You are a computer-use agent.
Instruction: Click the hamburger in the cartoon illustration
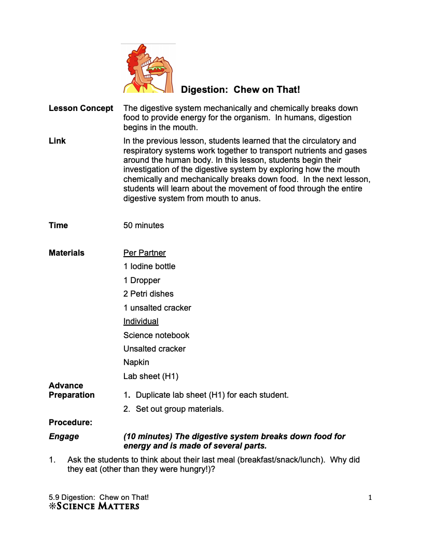156,67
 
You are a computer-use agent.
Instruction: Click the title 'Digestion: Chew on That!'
240,90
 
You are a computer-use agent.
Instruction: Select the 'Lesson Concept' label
81,108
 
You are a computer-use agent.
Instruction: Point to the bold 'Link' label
57,141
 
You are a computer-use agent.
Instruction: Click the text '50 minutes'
144,226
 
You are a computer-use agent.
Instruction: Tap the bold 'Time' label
58,226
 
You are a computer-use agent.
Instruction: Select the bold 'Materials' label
66,253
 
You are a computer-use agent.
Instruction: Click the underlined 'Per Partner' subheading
145,253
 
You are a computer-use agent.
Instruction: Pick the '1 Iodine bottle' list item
149,267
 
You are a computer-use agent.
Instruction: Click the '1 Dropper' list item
142,281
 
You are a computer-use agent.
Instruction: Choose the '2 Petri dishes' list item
148,294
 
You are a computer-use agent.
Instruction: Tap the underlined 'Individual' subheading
141,322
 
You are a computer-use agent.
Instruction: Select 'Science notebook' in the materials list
157,336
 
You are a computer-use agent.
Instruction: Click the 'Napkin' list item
136,362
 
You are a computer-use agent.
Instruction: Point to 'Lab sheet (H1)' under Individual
151,376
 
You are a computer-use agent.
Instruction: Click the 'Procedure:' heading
71,423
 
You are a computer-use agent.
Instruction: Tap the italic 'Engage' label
64,437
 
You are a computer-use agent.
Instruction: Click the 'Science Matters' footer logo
94,506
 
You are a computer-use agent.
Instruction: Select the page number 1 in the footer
370,498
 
